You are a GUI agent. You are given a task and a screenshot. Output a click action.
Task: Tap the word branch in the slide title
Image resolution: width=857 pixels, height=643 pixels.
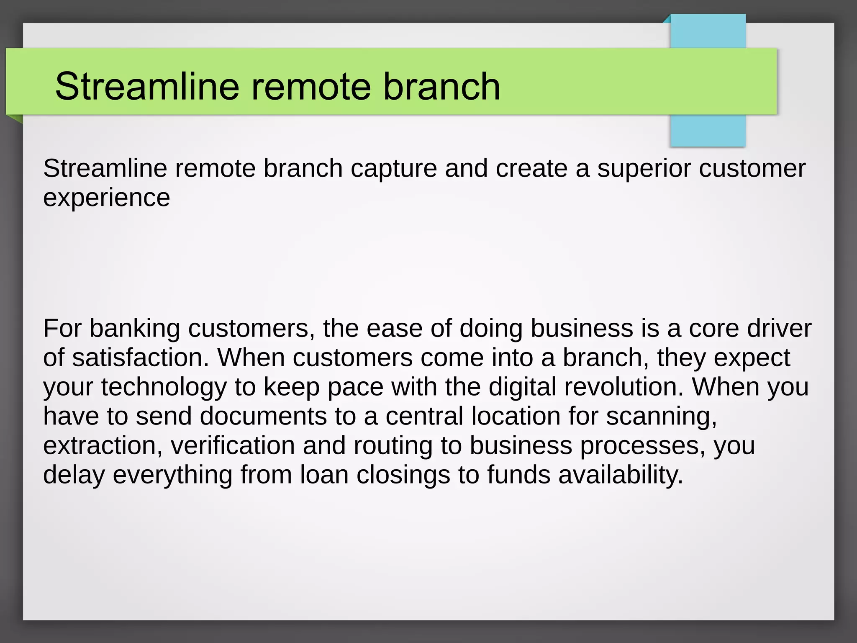pyautogui.click(x=441, y=86)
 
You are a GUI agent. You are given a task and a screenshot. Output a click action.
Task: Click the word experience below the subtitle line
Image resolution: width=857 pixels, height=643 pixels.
pyautogui.click(x=106, y=198)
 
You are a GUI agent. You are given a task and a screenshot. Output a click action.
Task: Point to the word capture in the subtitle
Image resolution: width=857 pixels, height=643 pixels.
pyautogui.click(x=393, y=169)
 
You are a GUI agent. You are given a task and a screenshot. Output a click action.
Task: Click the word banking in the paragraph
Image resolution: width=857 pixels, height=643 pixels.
pyautogui.click(x=134, y=329)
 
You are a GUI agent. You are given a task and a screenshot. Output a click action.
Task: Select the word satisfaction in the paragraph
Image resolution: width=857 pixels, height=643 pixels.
pyautogui.click(x=140, y=358)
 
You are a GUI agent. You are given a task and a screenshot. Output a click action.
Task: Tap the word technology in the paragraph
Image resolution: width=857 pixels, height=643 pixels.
pyautogui.click(x=164, y=387)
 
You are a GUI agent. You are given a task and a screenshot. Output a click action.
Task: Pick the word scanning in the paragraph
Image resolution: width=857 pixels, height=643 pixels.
pyautogui.click(x=662, y=417)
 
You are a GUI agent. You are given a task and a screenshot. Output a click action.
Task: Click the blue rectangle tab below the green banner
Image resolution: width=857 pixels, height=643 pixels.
pyautogui.click(x=708, y=131)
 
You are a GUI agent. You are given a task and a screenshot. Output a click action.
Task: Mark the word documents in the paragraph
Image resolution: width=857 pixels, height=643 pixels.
pyautogui.click(x=263, y=417)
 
